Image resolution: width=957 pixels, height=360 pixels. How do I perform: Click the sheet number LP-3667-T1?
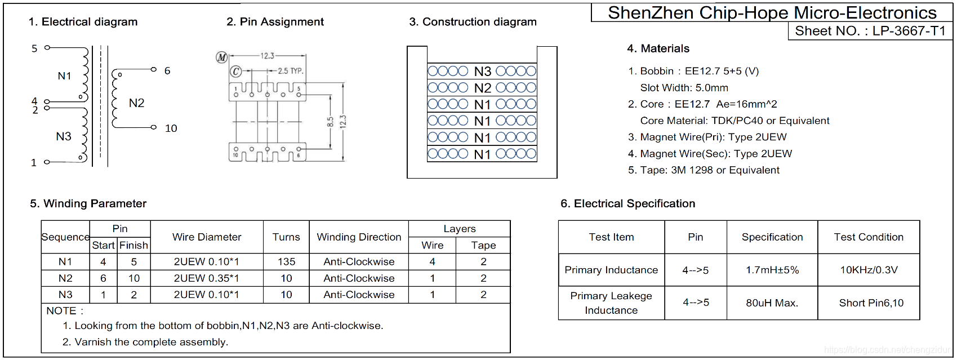tap(909, 31)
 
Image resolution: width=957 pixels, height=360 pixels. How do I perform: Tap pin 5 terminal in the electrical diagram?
tap(47, 47)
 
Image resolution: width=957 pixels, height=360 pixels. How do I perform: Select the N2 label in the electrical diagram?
tap(137, 103)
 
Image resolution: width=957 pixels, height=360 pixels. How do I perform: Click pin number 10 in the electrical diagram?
tap(171, 128)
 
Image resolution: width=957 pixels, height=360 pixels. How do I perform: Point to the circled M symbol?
tap(222, 57)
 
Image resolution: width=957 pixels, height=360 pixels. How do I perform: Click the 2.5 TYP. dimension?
tap(291, 71)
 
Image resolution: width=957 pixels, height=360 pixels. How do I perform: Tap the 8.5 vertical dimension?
tap(330, 122)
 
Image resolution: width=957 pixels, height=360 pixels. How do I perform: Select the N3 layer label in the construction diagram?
tap(483, 72)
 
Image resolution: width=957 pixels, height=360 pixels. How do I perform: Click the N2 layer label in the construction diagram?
tap(483, 88)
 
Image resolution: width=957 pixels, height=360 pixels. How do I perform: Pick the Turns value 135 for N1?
tap(286, 261)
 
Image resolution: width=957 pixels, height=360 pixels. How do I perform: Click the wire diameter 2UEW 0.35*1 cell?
tap(206, 278)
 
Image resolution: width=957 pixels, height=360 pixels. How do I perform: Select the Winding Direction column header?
tap(359, 237)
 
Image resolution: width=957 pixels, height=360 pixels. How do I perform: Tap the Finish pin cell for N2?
tap(133, 278)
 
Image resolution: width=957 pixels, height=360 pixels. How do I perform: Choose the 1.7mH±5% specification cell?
tap(772, 270)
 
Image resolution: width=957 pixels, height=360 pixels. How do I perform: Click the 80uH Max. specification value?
tap(772, 303)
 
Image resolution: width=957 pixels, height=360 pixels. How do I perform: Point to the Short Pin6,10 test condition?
tap(871, 303)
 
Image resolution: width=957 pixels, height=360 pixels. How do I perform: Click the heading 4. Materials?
tap(658, 48)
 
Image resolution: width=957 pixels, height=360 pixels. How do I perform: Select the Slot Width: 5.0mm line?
tap(684, 88)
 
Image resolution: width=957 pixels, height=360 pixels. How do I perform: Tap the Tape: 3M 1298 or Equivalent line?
tap(704, 170)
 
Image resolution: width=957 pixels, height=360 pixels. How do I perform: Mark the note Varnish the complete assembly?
tap(145, 342)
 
